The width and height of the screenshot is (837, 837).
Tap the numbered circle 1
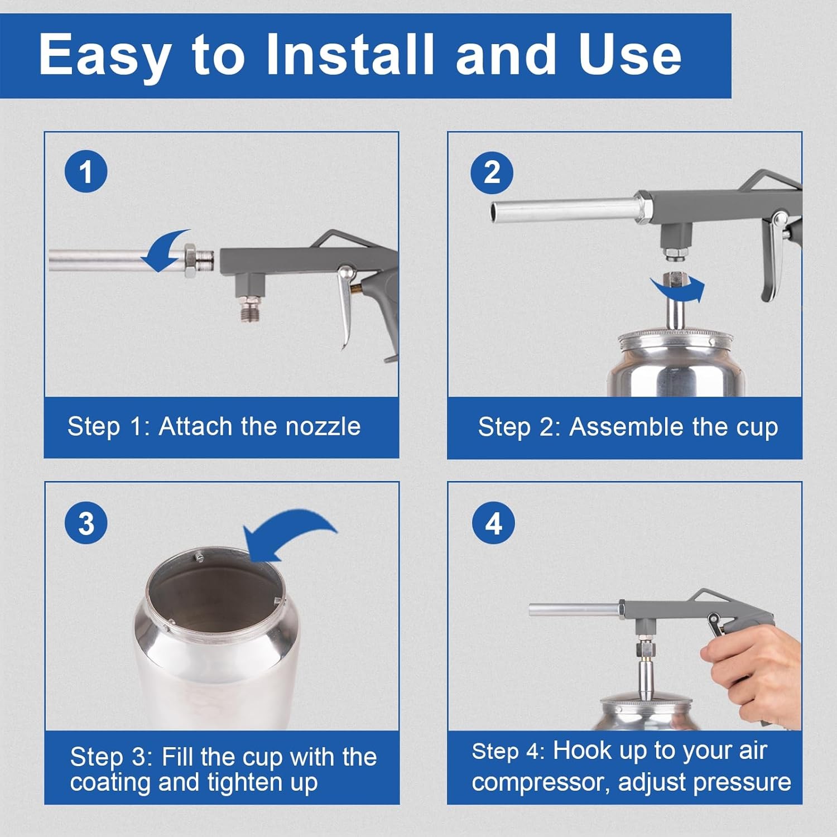point(86,171)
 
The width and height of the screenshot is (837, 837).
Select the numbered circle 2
point(492,171)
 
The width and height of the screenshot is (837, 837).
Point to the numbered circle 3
point(86,523)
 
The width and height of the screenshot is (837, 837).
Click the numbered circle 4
point(493,523)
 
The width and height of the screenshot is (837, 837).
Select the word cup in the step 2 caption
point(757,428)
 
